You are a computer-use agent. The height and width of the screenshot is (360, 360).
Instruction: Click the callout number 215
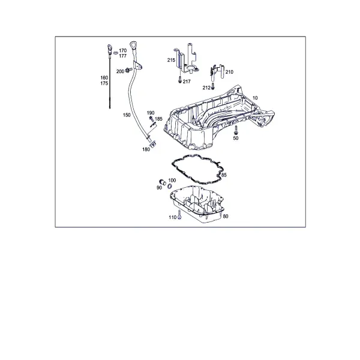pyautogui.click(x=171, y=60)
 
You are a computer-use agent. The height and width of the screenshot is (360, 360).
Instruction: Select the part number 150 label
pyautogui.click(x=127, y=115)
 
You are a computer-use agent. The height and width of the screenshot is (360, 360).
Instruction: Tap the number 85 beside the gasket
pyautogui.click(x=224, y=175)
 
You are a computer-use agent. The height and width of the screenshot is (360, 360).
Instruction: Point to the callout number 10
pyautogui.click(x=255, y=98)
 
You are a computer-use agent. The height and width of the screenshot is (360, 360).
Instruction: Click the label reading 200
pyautogui.click(x=121, y=71)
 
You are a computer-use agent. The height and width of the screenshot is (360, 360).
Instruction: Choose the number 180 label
pyautogui.click(x=146, y=149)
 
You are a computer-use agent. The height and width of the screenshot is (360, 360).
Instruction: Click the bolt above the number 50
pyautogui.click(x=236, y=130)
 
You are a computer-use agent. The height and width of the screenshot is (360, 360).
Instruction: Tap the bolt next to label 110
pyautogui.click(x=179, y=214)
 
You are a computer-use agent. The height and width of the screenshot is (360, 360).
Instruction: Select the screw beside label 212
pyautogui.click(x=213, y=86)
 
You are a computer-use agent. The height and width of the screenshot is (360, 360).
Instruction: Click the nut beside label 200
pyautogui.click(x=128, y=70)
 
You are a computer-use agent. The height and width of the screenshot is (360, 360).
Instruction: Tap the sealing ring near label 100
pyautogui.click(x=170, y=186)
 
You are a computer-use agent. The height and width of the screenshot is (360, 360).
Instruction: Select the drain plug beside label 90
pyautogui.click(x=163, y=182)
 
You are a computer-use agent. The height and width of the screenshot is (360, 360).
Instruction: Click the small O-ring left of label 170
pyautogui.click(x=116, y=53)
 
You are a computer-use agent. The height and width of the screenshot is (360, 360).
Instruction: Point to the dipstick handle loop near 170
pyautogui.click(x=110, y=49)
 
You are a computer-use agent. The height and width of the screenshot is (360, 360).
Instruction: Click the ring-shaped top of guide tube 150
pyautogui.click(x=133, y=45)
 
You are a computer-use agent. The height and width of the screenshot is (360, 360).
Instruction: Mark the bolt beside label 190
pyautogui.click(x=151, y=119)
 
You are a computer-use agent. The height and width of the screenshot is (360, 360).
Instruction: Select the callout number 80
pyautogui.click(x=226, y=217)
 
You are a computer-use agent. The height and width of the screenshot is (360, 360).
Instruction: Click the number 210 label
pyautogui.click(x=229, y=72)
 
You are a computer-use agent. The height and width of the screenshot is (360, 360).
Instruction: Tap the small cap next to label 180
pyautogui.click(x=153, y=144)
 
